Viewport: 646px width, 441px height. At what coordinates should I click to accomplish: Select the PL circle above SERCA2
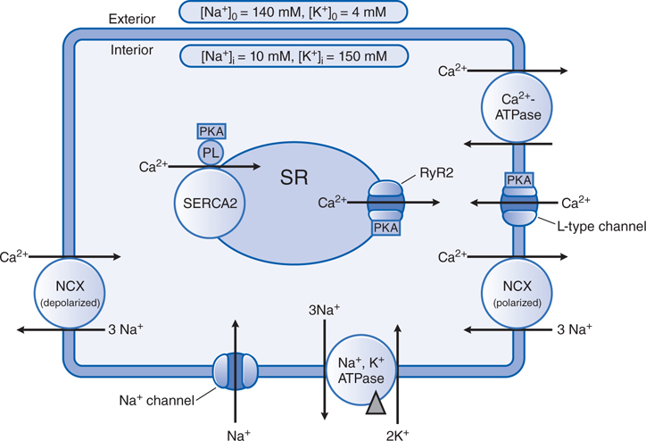pyautogui.click(x=211, y=152)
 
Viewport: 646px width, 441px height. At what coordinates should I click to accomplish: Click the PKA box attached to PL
pyautogui.click(x=211, y=131)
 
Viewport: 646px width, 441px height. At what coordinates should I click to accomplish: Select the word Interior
pyautogui.click(x=133, y=52)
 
